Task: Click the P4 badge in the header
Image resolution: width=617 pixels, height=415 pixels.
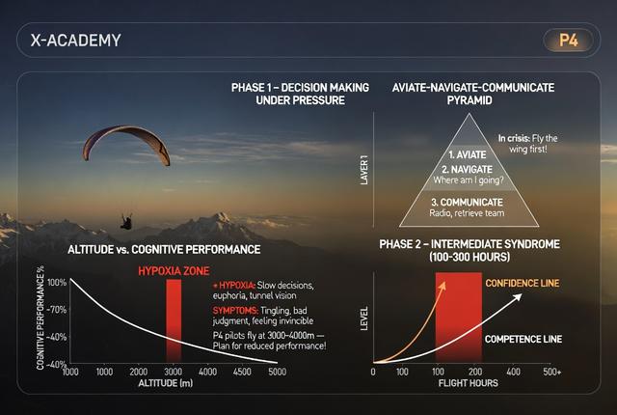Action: click(568, 41)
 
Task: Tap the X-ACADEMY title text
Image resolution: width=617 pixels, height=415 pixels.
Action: click(76, 41)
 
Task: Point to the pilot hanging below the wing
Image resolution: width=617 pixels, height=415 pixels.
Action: click(126, 221)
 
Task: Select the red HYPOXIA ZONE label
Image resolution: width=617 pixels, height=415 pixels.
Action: click(174, 271)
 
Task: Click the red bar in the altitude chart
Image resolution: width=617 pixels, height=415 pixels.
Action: click(174, 320)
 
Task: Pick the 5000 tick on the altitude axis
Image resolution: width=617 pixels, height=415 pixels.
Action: click(277, 372)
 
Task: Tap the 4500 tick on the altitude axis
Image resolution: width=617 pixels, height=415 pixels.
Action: click(242, 372)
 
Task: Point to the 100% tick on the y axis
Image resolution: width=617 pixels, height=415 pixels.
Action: click(57, 283)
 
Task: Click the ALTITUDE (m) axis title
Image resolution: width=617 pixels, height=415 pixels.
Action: click(166, 383)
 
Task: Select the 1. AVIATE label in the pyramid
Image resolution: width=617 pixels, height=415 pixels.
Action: click(468, 154)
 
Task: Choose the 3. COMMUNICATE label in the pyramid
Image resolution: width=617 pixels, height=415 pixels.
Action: click(467, 203)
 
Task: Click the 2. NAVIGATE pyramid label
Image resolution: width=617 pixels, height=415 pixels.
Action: click(467, 170)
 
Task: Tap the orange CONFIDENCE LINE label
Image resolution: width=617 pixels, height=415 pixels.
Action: click(523, 283)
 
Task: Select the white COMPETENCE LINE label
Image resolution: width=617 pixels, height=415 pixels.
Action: click(523, 339)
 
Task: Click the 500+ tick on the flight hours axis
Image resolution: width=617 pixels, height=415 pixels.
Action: click(551, 372)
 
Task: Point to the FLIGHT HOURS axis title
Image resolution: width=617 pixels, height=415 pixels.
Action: click(469, 383)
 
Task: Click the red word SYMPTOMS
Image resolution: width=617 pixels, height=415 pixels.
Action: click(235, 310)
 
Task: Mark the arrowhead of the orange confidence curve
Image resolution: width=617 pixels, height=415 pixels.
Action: click(443, 285)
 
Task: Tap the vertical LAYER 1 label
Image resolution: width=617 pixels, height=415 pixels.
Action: click(364, 170)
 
